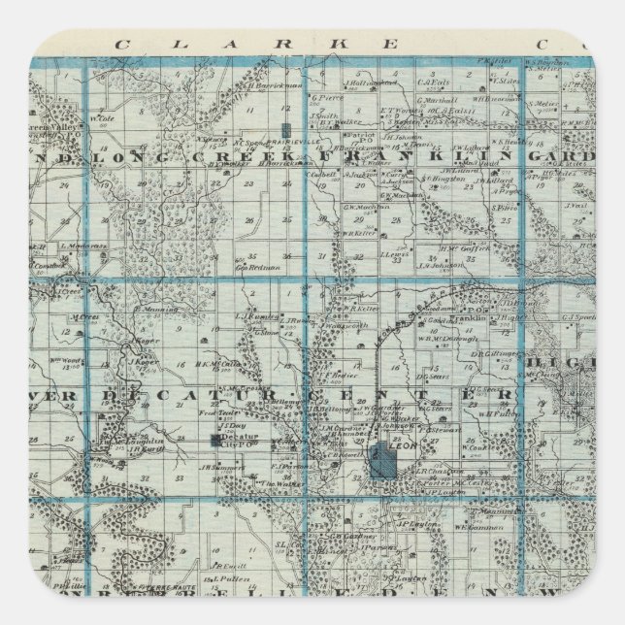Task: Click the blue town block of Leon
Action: (x=383, y=459)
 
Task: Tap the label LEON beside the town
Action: (x=406, y=437)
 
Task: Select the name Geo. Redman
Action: (x=262, y=267)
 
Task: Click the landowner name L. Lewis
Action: (x=395, y=256)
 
